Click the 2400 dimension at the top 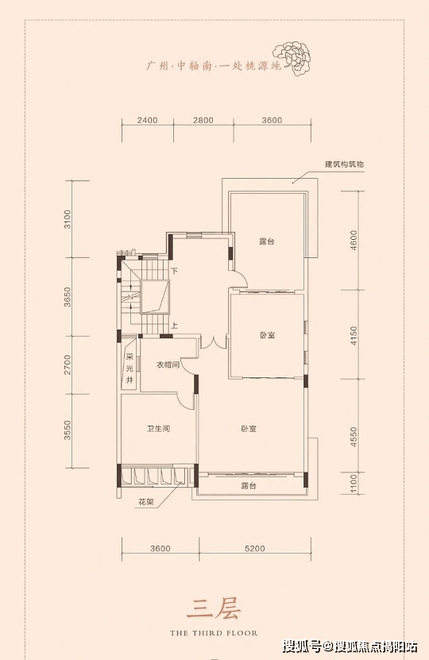point(147,121)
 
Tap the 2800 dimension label point(203,121)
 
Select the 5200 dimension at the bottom point(255,549)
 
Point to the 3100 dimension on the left point(68,219)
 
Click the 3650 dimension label point(68,297)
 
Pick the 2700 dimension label point(68,365)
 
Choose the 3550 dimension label point(68,430)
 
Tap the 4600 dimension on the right point(354,241)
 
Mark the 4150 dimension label point(354,335)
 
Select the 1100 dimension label point(354,484)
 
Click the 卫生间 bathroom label point(158,429)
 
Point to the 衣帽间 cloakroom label point(168,365)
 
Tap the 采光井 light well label point(129,369)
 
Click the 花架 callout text point(146,502)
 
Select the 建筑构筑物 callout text point(344,164)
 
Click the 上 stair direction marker point(174,326)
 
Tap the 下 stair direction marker point(174,271)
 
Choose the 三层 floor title point(214,609)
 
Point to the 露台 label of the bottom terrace point(249,486)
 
